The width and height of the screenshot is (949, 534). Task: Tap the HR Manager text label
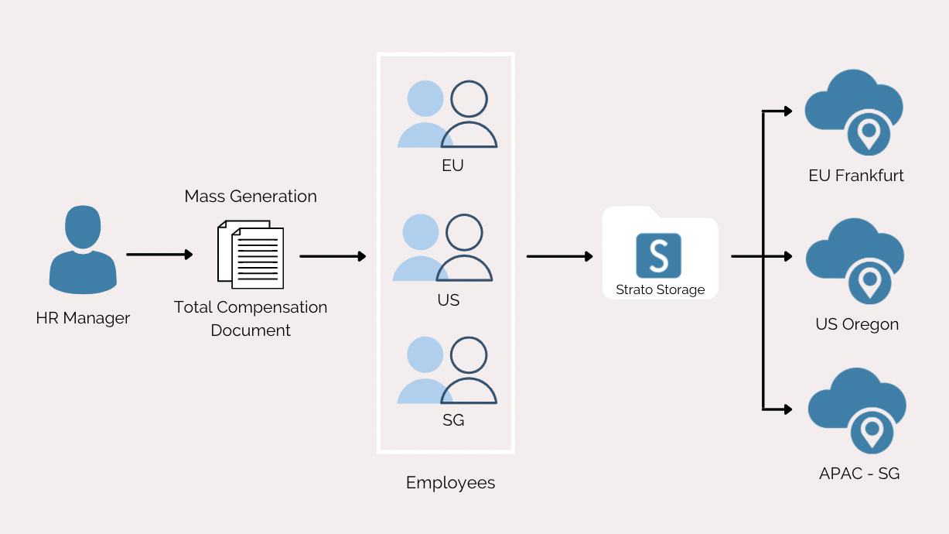pos(83,318)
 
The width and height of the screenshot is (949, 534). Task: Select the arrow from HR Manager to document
pos(159,254)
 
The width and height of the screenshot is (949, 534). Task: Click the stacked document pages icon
pos(251,254)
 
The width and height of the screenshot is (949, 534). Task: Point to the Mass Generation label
pos(251,197)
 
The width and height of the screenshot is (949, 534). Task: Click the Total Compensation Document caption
pos(251,318)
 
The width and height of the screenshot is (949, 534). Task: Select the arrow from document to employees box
pos(333,256)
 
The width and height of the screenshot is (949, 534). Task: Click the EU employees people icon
pos(447,115)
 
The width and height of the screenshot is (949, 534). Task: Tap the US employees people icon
pos(442,248)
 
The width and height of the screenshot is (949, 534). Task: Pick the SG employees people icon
pos(447,370)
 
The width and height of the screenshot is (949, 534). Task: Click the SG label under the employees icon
pos(453,421)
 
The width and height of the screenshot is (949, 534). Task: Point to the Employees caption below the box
pos(450,483)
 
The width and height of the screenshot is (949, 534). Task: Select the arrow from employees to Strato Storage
pos(559,256)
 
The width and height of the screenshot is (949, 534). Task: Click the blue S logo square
pos(658,255)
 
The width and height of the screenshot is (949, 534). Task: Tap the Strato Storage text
pos(660,290)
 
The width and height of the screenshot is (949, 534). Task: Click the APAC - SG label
pos(859,474)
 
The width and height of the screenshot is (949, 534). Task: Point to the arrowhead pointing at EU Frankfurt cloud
pos(788,111)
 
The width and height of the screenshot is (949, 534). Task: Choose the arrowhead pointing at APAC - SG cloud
pos(788,409)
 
